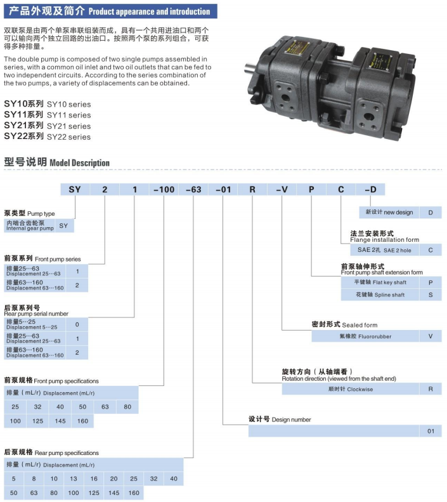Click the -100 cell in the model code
pos(164,190)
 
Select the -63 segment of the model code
pos(193,190)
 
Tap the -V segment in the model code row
pos(282,190)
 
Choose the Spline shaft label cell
pos(380,294)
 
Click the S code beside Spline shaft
pos(431,294)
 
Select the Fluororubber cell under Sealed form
pos(365,336)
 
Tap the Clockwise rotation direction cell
pos(351,389)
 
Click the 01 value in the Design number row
pos(431,431)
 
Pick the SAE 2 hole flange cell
pos(384,250)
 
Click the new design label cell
pos(389,212)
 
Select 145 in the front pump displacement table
pos(60,421)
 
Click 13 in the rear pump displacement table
pos(74,479)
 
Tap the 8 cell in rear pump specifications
pos(34,479)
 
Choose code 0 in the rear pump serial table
pos(77,324)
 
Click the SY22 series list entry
pos(48,136)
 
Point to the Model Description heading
pos(56,162)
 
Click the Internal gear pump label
pos(30,225)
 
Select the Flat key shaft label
pos(380,282)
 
